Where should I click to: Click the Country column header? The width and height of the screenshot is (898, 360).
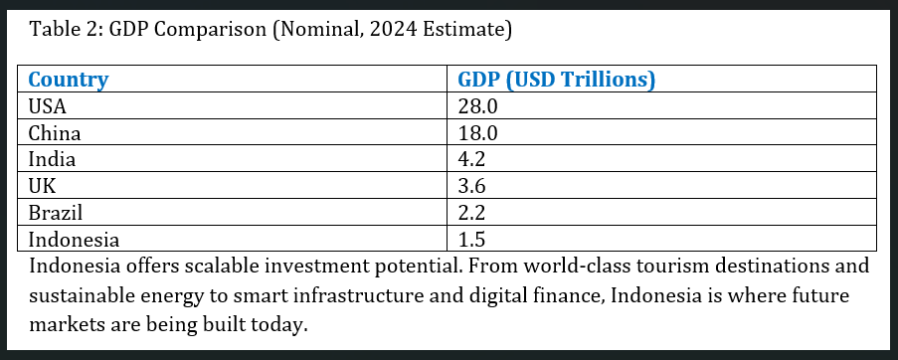(69, 80)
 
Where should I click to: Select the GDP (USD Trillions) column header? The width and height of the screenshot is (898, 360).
(555, 80)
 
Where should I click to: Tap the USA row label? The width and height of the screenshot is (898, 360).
(48, 106)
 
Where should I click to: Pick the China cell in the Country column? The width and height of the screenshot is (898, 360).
(55, 132)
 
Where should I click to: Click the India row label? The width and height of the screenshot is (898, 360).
(52, 159)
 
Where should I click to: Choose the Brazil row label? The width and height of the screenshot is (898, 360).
(55, 213)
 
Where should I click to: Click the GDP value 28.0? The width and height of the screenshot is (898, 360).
(476, 106)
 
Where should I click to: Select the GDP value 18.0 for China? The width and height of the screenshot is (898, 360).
(476, 132)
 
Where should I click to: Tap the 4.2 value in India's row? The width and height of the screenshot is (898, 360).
(470, 159)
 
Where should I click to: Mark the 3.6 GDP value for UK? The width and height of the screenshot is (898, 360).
(470, 186)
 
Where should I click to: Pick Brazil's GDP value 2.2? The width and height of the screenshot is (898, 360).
(470, 213)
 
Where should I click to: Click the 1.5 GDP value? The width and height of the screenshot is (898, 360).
(470, 240)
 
